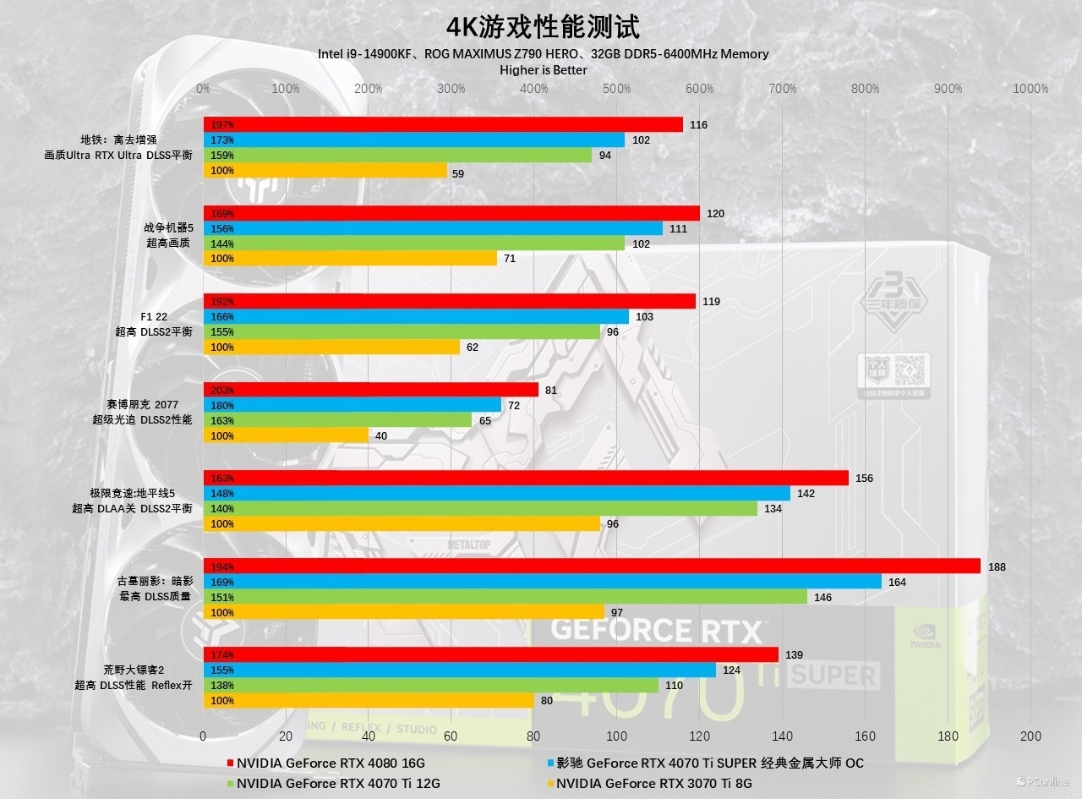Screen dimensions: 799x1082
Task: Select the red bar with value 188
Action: [x=592, y=566]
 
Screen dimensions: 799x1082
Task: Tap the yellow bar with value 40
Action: [x=286, y=435]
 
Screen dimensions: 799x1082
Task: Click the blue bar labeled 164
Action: [x=542, y=582]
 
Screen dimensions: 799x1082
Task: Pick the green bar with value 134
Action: [x=480, y=508]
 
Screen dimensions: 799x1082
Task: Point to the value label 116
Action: [x=698, y=125]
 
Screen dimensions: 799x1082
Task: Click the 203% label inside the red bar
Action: [x=222, y=391]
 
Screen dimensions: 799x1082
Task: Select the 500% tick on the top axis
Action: [x=617, y=89]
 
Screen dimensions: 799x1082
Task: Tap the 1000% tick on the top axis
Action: [x=1030, y=89]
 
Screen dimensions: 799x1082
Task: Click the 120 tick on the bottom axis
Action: [x=699, y=736]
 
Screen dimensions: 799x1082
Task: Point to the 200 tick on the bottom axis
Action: [x=1030, y=736]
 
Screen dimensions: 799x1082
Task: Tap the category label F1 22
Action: [x=155, y=317]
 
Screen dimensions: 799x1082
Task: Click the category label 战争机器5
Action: [x=169, y=227]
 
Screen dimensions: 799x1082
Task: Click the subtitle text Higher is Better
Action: [x=543, y=70]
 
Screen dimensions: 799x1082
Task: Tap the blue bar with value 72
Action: [x=352, y=405]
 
